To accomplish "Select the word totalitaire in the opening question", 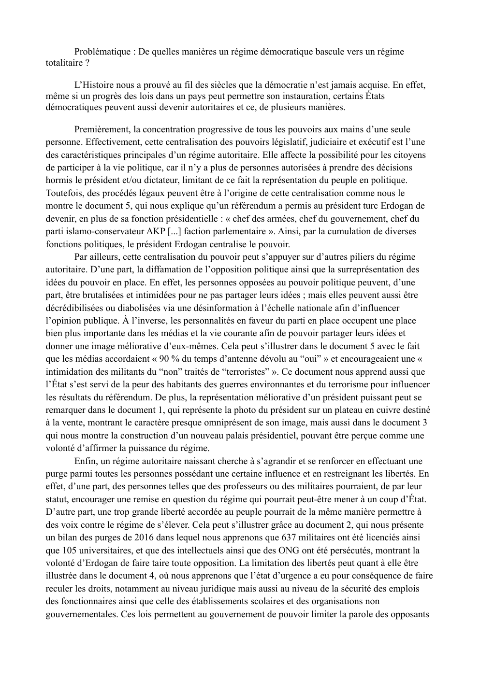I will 60,63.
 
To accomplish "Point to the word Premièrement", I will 102,129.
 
